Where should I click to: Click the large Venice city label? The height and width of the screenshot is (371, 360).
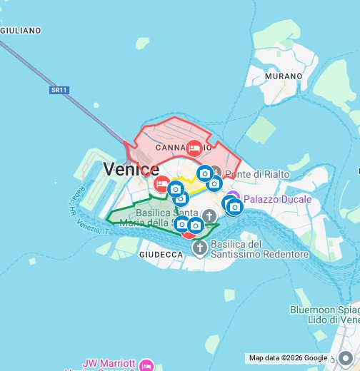[131, 169]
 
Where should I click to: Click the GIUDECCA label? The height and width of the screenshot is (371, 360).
[161, 254]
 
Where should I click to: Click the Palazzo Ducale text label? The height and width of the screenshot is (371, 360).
[277, 199]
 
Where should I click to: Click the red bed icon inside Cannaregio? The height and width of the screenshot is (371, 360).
[194, 148]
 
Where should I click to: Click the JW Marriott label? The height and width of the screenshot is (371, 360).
[109, 363]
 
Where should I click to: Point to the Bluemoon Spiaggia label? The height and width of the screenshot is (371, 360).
[325, 310]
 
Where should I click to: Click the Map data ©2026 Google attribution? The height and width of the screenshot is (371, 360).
[288, 358]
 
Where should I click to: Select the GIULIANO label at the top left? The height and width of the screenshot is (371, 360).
[21, 31]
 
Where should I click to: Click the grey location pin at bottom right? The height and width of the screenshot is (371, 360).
[346, 358]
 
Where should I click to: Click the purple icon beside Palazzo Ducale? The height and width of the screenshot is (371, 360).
[233, 198]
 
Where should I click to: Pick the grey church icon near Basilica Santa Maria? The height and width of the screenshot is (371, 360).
[209, 215]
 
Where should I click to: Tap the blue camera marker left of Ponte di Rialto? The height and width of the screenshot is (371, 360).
[205, 173]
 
